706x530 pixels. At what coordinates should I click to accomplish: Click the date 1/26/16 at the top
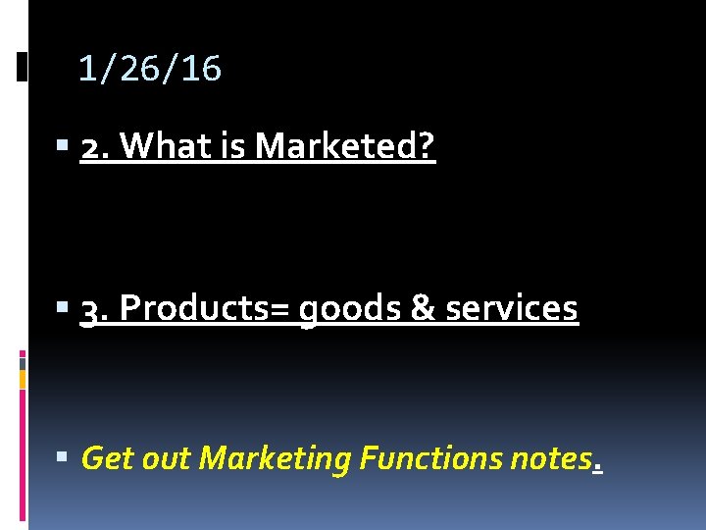pos(149,69)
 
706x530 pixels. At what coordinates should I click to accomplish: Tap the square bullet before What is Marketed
pos(63,147)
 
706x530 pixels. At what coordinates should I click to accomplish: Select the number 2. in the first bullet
pos(95,147)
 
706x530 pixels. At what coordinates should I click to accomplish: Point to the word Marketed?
pos(345,147)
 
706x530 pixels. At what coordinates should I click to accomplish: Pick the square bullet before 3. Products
pos(63,309)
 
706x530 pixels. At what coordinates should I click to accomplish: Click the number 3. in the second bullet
pos(95,309)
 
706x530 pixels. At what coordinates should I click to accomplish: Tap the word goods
pos(348,311)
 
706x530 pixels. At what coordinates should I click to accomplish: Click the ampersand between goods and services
pos(422,309)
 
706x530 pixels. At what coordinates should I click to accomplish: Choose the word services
pos(512,309)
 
